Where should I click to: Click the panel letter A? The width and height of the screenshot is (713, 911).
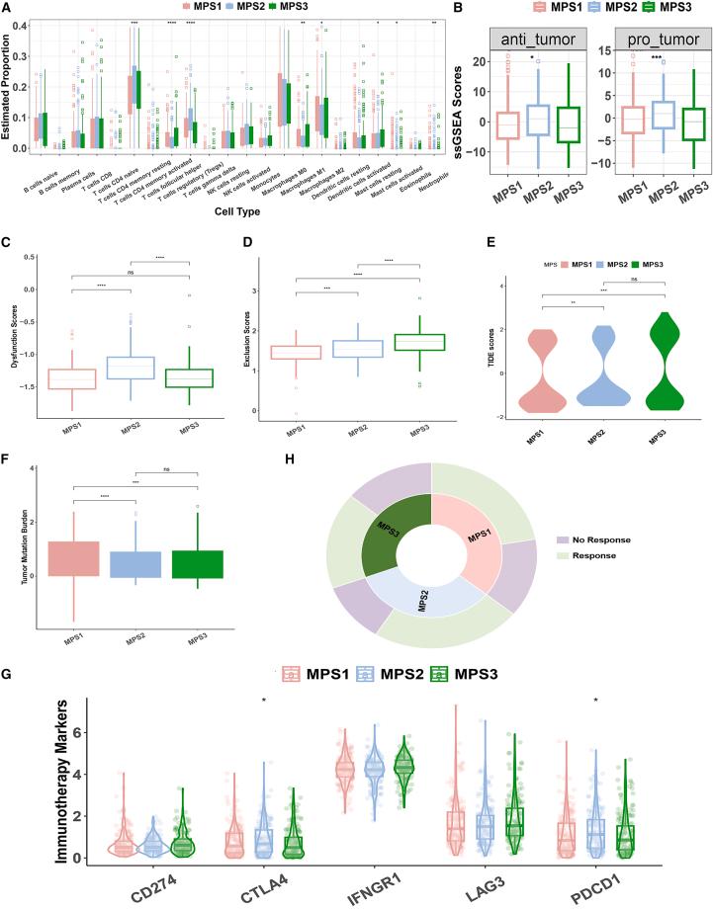[x=8, y=9]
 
